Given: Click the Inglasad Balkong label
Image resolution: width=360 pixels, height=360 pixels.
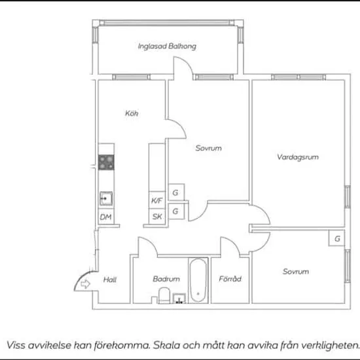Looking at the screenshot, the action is (167, 46).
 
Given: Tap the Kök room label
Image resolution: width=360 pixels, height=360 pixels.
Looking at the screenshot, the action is (132, 113).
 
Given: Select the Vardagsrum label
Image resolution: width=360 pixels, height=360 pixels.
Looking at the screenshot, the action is (298, 157).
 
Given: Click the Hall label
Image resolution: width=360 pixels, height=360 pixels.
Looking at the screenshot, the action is (110, 279).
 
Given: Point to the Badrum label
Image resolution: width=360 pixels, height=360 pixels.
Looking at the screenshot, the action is (166, 279).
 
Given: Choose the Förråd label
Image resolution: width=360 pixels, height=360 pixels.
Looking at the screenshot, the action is (230, 279).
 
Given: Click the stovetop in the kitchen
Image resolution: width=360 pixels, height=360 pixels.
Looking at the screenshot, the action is (106, 162).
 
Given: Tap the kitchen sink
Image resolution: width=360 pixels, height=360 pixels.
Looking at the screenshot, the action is (106, 198).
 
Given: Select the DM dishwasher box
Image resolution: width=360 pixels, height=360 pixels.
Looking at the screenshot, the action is (106, 217).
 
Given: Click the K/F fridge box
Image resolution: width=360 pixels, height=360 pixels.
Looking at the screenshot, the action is (157, 200).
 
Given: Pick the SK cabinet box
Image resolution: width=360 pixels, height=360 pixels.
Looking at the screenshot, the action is (157, 216).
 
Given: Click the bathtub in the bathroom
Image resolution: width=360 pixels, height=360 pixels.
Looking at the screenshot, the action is (198, 280).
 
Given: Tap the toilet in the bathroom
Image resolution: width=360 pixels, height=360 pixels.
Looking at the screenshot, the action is (164, 295).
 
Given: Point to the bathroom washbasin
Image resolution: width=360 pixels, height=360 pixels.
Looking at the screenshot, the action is (179, 298).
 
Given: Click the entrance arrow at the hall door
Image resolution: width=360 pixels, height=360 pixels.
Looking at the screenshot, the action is (85, 284).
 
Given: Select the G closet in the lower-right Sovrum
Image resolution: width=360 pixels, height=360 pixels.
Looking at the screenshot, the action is (336, 238).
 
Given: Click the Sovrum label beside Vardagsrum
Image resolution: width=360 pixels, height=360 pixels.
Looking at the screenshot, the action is (208, 148).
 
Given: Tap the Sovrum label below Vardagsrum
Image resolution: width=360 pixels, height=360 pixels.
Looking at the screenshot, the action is (295, 272).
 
